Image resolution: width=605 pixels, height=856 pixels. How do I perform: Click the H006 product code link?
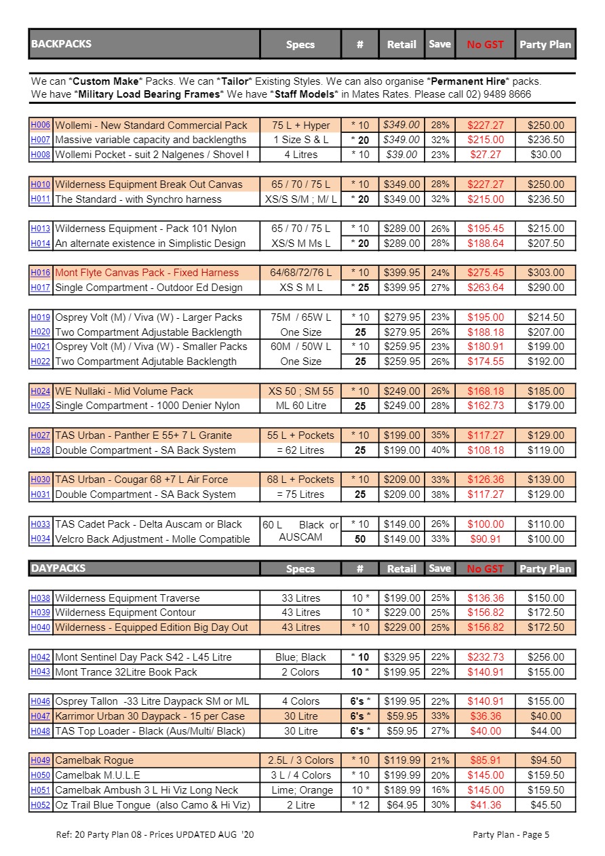(40, 125)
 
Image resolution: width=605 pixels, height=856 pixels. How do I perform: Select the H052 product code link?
(40, 805)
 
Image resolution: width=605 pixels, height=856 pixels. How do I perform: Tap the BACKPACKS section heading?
(61, 44)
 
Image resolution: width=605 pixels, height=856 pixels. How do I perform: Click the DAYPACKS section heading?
(58, 568)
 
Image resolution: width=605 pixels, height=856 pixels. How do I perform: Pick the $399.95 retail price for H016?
(402, 273)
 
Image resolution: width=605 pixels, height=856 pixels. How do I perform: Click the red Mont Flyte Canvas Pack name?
(147, 273)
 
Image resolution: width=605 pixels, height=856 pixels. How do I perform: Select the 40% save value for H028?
(440, 450)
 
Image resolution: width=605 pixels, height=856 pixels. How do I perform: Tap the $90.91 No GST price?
(485, 539)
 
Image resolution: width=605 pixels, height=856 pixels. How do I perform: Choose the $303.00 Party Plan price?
(545, 273)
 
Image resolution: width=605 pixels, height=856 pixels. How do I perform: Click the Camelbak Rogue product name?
(94, 760)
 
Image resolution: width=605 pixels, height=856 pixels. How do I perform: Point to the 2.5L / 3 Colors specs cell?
(300, 760)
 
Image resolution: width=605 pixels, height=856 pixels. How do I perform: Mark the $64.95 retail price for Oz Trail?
(402, 805)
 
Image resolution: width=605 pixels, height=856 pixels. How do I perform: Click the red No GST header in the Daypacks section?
(485, 569)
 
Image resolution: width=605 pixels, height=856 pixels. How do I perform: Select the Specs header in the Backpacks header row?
(300, 45)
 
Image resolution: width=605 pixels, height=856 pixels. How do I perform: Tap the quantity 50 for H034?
(360, 539)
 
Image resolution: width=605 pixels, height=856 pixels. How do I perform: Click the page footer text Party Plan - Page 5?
(511, 834)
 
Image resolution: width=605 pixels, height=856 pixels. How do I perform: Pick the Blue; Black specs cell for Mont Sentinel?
(300, 657)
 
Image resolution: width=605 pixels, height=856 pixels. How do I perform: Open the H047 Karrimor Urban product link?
(40, 716)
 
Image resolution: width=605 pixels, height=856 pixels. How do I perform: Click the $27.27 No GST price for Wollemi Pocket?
(485, 155)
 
